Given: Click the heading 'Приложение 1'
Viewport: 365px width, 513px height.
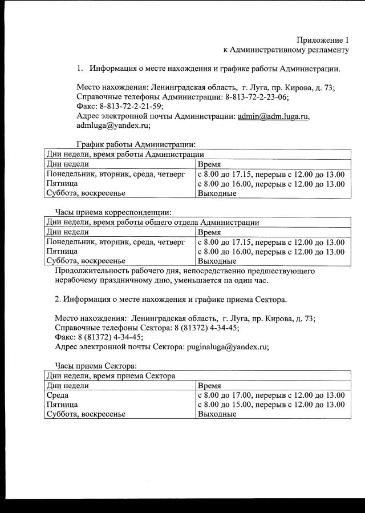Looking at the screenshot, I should click(x=322, y=40).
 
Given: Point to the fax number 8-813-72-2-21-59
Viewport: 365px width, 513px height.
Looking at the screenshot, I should click(x=131, y=106).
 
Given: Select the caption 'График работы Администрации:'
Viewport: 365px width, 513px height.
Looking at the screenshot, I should click(x=136, y=145).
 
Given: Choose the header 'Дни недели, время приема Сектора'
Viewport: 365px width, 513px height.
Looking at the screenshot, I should click(x=111, y=376).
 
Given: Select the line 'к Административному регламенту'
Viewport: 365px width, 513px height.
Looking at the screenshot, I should click(x=285, y=50).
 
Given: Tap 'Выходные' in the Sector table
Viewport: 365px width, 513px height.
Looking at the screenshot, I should click(x=216, y=414).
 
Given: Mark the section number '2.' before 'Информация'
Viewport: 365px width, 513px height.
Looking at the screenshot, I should click(x=58, y=299).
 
